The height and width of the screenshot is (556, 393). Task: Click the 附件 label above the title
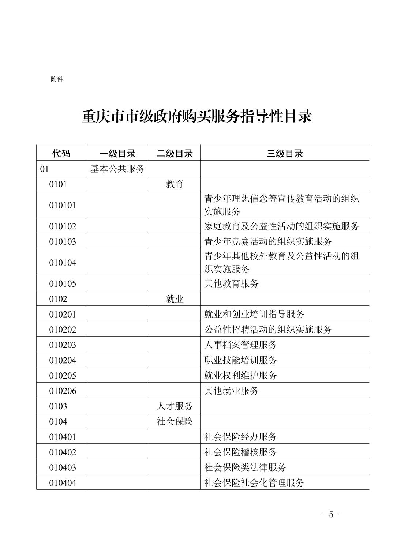57,79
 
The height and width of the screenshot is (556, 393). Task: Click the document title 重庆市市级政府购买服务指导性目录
196,117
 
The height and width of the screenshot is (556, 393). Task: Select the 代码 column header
61,153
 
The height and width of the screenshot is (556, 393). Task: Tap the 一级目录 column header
117,153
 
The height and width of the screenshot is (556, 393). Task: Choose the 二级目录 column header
175,153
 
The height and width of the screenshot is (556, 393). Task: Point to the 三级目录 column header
284,153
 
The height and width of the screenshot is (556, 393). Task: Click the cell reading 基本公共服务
117,169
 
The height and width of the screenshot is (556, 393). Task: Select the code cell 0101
58,184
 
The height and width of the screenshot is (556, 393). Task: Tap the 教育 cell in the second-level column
175,184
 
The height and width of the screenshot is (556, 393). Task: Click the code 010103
63,241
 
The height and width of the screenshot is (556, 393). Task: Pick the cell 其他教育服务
231,283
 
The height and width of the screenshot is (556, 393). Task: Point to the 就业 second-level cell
175,299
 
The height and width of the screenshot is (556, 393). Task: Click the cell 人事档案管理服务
240,345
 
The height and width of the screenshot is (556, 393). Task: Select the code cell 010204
63,360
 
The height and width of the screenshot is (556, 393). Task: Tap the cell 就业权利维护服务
240,376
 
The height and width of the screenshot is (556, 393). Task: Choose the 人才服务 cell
175,406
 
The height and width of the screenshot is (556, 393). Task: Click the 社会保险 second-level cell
175,421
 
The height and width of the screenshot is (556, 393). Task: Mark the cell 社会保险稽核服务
240,452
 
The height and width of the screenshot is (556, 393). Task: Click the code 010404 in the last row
63,483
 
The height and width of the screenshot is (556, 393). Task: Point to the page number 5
331,514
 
